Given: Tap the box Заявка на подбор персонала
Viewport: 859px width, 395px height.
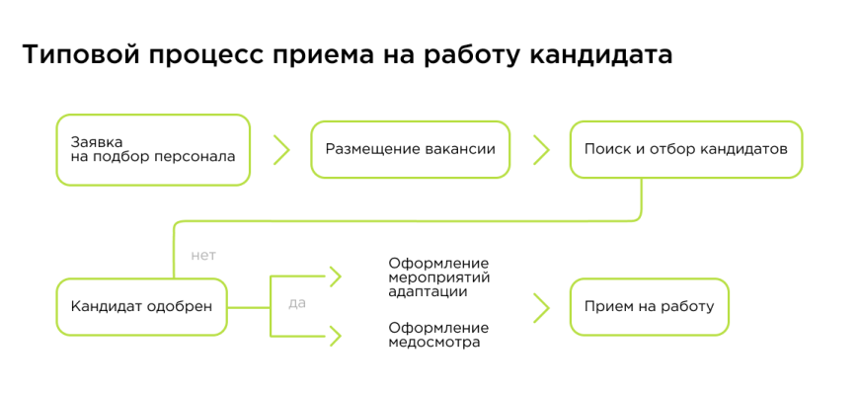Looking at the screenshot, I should pos(153,149).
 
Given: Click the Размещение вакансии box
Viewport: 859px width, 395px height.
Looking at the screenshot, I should pos(410,149).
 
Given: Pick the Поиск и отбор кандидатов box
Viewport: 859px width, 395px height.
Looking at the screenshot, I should pos(685,149).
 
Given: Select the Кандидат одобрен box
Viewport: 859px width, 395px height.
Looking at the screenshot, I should pos(141,306).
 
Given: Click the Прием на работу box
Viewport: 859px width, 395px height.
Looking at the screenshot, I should pos(649,306).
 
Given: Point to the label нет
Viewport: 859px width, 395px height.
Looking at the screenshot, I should pos(203,255).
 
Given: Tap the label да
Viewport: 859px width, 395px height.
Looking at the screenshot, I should pos(297,302).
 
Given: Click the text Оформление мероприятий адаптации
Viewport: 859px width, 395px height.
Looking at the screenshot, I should pos(438,276).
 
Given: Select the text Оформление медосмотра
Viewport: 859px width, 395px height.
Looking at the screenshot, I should pos(438,335).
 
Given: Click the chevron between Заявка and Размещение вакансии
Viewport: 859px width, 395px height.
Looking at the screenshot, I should pos(281,149).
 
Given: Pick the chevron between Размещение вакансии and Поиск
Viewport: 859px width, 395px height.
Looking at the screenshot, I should pos(540,149).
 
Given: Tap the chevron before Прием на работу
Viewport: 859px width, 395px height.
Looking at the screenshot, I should pos(540,306).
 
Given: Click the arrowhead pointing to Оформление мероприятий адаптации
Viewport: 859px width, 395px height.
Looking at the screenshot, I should pos(335,276).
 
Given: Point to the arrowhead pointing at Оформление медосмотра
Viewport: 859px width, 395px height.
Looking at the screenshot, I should pos(335,336).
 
